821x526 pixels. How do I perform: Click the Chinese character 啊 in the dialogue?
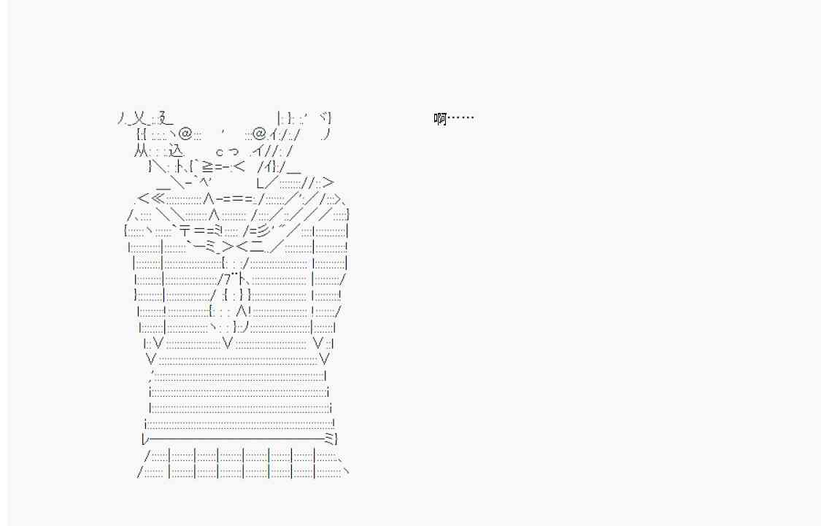[x=440, y=119]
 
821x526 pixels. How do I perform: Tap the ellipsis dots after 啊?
[x=460, y=118]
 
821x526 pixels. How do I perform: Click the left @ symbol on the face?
[x=185, y=134]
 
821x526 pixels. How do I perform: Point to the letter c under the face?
[x=220, y=152]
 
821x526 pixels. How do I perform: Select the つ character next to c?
[x=233, y=152]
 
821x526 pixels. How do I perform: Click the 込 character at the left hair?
[x=177, y=151]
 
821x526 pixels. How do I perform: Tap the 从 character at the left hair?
[x=141, y=151]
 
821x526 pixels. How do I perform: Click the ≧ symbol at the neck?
[x=207, y=167]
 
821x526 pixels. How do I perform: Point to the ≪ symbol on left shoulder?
[x=158, y=198]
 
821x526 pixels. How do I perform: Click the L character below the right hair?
[x=261, y=182]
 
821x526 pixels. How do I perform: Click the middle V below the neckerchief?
[x=228, y=344]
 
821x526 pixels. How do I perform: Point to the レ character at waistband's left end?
[x=145, y=438]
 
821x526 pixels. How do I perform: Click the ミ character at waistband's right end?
[x=329, y=438]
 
